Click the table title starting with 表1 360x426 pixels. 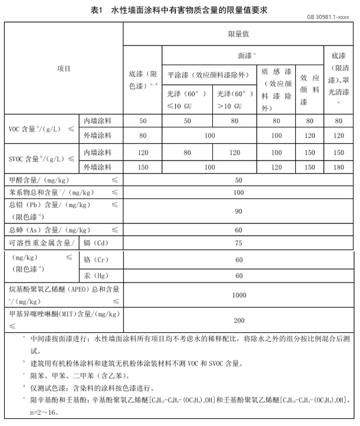pyautogui.click(x=180, y=10)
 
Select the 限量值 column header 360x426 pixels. pyautogui.click(x=238, y=34)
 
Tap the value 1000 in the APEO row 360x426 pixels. pyautogui.click(x=239, y=294)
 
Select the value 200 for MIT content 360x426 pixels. pyautogui.click(x=239, y=320)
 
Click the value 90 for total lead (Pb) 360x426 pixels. pyautogui.click(x=239, y=211)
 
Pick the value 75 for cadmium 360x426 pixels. pyautogui.click(x=239, y=242)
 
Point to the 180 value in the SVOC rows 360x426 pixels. pyautogui.click(x=338, y=167)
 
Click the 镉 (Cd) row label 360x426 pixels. pyautogui.click(x=95, y=242)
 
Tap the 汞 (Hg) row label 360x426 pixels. pyautogui.click(x=95, y=276)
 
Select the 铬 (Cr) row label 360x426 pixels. pyautogui.click(x=95, y=260)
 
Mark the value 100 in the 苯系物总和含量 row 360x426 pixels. pyautogui.click(x=239, y=193)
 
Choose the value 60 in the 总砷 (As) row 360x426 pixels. pyautogui.click(x=239, y=229)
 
